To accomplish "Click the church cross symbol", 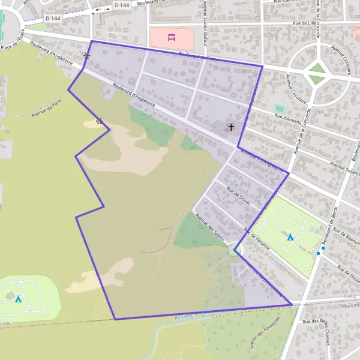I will click(x=231, y=127).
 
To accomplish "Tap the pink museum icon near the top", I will click(x=172, y=38).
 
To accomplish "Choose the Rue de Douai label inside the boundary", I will click(x=238, y=196).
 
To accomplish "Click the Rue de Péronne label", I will click(x=257, y=239).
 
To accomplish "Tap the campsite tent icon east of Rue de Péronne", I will click(x=290, y=237).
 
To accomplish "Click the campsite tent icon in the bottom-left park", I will click(x=19, y=299).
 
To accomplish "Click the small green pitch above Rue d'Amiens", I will click(x=279, y=109).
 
